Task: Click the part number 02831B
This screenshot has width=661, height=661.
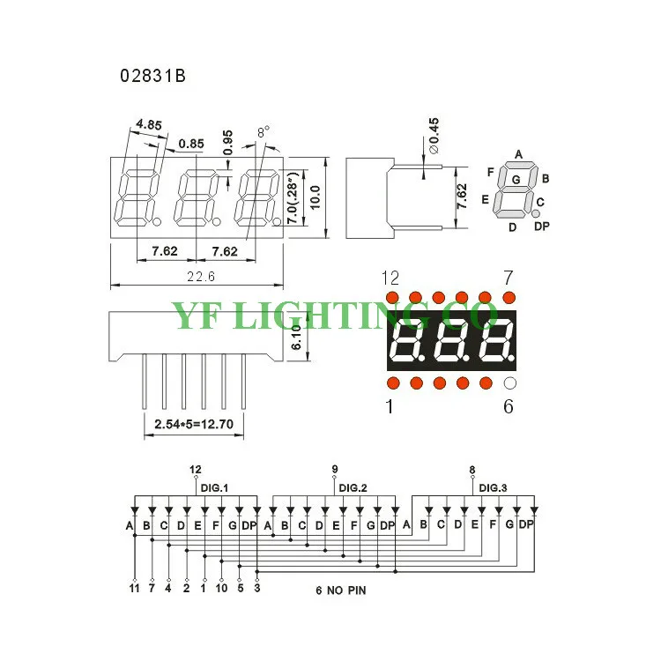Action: (x=152, y=76)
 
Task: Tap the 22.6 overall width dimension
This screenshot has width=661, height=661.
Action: (x=200, y=276)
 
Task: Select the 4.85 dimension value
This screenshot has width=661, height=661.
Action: (x=148, y=125)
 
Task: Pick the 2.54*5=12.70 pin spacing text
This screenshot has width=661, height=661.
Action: (x=194, y=424)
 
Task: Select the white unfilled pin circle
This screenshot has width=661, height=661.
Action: (x=509, y=383)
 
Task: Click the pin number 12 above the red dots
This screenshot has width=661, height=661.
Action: (x=390, y=279)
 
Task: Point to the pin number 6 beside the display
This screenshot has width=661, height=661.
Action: (x=509, y=406)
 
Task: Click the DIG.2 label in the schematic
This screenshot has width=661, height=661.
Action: (x=353, y=487)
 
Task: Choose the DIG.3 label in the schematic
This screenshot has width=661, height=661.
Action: (x=494, y=487)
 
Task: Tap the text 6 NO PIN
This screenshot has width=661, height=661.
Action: (x=340, y=590)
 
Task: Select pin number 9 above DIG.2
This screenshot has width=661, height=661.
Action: (x=334, y=468)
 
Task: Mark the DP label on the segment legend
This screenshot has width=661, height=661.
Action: (x=541, y=227)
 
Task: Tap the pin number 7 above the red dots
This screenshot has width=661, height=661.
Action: (x=509, y=279)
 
